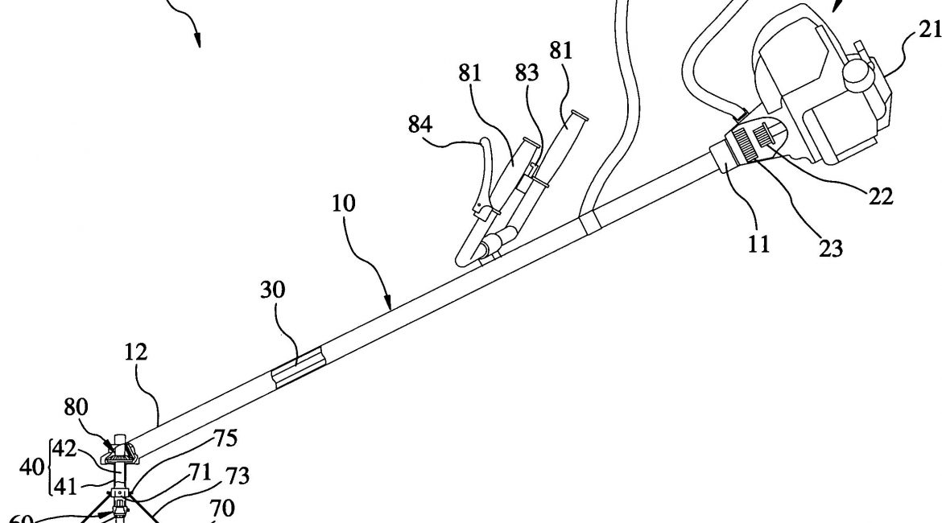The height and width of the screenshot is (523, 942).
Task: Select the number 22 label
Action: tap(881, 196)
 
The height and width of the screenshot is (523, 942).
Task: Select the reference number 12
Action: tap(136, 352)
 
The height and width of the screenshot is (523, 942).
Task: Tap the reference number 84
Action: tap(421, 125)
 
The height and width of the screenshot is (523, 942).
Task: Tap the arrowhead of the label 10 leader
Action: tap(390, 307)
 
